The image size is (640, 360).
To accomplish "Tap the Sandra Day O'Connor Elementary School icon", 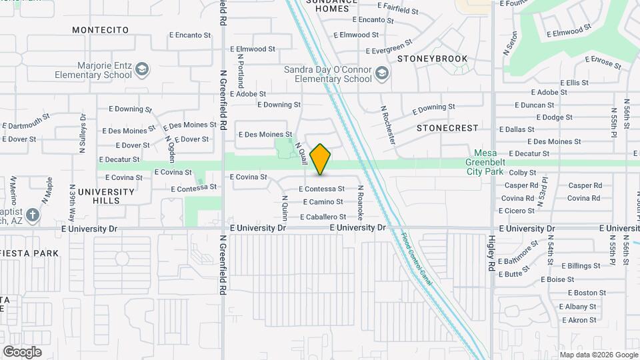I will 381,72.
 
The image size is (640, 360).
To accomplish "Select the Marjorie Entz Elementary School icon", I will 142,69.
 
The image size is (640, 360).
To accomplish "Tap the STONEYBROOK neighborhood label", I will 433,59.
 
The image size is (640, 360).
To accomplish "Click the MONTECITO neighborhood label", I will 100,30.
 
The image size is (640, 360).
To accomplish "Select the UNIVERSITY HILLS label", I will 106,196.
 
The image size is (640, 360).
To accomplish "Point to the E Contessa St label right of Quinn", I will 321,189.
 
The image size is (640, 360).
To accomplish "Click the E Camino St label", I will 323,202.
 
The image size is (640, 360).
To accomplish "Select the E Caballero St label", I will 323,217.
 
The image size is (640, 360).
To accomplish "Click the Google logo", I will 22,352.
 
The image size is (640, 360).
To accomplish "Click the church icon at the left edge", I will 33,216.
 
